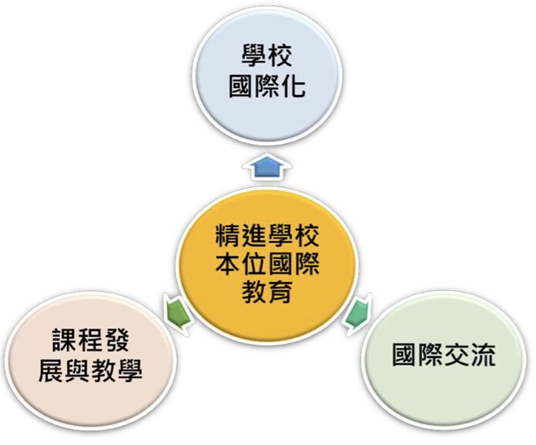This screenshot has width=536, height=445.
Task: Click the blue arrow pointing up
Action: [266, 167]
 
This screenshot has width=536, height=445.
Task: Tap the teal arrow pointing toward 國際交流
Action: [357, 313]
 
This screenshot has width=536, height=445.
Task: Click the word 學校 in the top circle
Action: [267, 55]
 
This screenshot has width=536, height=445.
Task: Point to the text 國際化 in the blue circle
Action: [267, 86]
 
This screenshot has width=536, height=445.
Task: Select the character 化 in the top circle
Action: [293, 86]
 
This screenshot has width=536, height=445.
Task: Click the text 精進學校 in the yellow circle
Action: [267, 236]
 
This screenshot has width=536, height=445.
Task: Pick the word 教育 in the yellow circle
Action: [267, 292]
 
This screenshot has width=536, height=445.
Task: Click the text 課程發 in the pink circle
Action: [91, 340]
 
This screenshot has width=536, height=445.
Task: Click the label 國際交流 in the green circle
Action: [444, 356]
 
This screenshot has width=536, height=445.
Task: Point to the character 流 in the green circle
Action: [483, 356]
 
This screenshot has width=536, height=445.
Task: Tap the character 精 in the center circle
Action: [228, 236]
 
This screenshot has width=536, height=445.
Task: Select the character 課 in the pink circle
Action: [65, 340]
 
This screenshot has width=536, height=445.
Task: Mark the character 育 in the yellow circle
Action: [280, 292]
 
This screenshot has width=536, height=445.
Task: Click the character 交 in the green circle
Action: [457, 356]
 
